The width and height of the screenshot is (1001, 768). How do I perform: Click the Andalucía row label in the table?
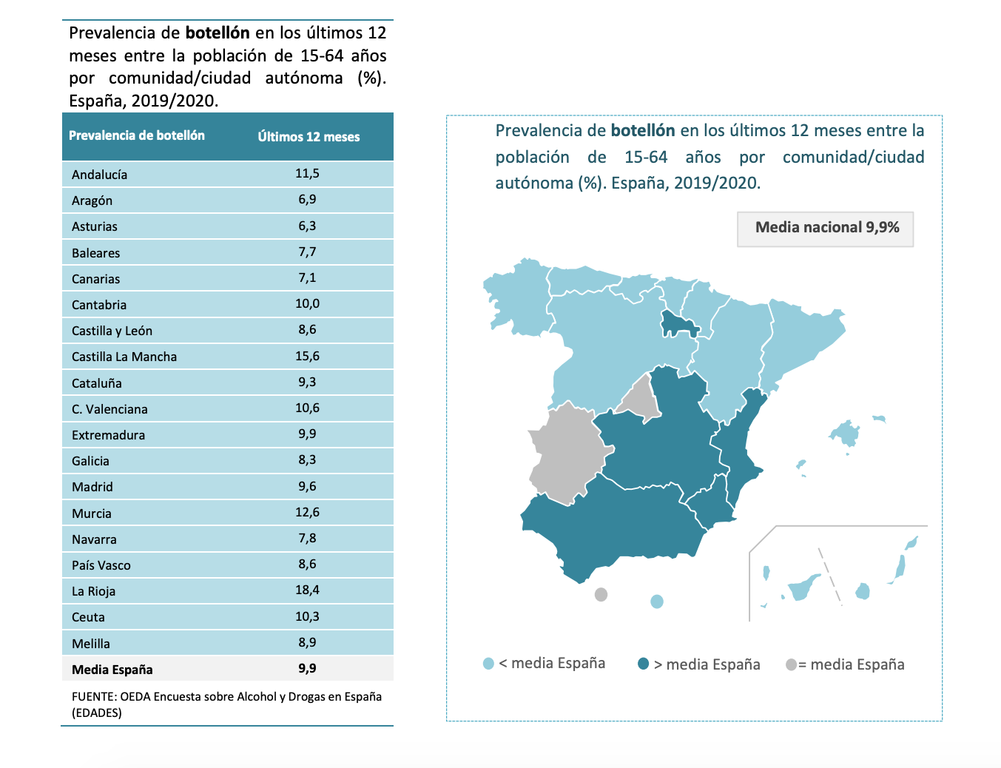pos(99,175)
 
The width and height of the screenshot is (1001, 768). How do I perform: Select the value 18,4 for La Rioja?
pos(307,590)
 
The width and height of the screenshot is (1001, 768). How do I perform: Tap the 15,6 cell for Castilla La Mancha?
pos(307,357)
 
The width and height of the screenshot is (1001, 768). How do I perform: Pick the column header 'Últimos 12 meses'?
pos(309,137)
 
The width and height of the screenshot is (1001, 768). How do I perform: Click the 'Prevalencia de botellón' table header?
pos(137,136)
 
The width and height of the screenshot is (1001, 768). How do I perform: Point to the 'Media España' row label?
pos(112,670)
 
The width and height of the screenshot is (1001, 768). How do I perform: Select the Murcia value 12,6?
pos(307,513)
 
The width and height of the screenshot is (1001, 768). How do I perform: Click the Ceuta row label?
pos(88,617)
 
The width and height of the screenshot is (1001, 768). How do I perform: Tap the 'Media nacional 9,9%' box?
pos(826,228)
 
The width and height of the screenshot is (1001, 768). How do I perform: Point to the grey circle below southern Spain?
pos(601,594)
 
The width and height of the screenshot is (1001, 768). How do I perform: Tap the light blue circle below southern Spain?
pos(656,602)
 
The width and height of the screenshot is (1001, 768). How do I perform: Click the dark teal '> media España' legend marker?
pos(644,664)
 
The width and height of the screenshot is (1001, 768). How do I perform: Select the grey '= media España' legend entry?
pos(845,664)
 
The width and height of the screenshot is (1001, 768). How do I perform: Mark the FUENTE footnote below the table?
pos(226,704)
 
